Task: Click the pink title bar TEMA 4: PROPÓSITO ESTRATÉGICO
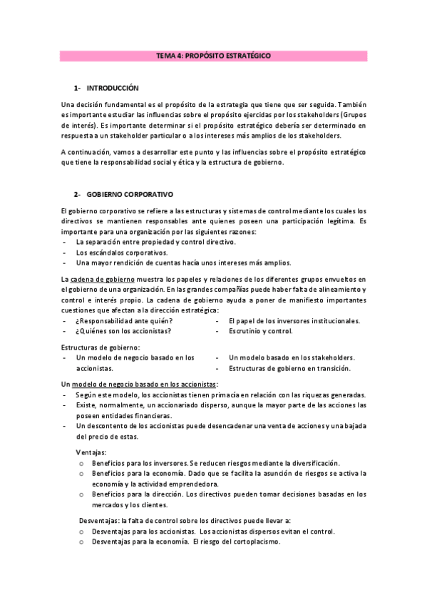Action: (x=213, y=55)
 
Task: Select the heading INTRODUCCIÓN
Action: (x=112, y=88)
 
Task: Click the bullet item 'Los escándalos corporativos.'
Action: (x=121, y=253)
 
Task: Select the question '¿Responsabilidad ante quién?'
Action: (x=124, y=321)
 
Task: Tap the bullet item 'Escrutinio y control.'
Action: (x=260, y=331)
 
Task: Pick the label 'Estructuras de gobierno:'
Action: (x=101, y=347)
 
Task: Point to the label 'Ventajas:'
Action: (x=92, y=452)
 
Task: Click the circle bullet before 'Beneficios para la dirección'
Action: (x=82, y=494)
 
